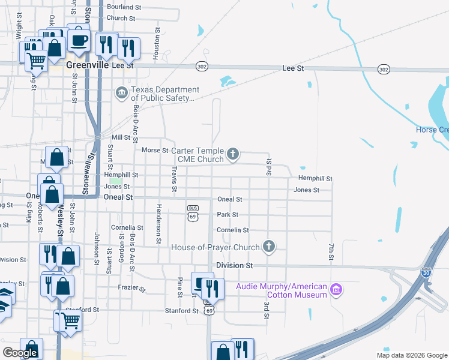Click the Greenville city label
88,65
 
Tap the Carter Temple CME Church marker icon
233,155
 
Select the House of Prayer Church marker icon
269,247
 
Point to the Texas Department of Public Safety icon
121,93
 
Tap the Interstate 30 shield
426,272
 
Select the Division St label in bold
232,265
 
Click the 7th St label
331,252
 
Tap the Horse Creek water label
432,130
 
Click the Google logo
20,353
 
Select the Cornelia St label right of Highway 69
233,230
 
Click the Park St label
228,214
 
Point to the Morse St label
152,150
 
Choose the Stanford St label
182,311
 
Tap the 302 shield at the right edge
384,69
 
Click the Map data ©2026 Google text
412,355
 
